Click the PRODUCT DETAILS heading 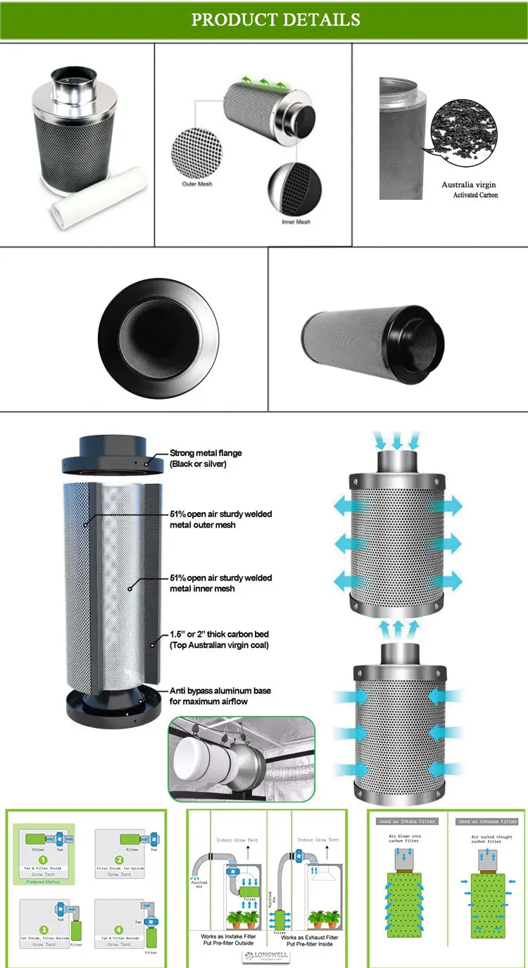pyautogui.click(x=275, y=20)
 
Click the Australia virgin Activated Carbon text pyautogui.click(x=469, y=189)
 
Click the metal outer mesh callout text pyautogui.click(x=220, y=519)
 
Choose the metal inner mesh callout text pyautogui.click(x=220, y=582)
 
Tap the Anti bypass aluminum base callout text pyautogui.click(x=220, y=696)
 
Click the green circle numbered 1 pyautogui.click(x=43, y=858)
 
